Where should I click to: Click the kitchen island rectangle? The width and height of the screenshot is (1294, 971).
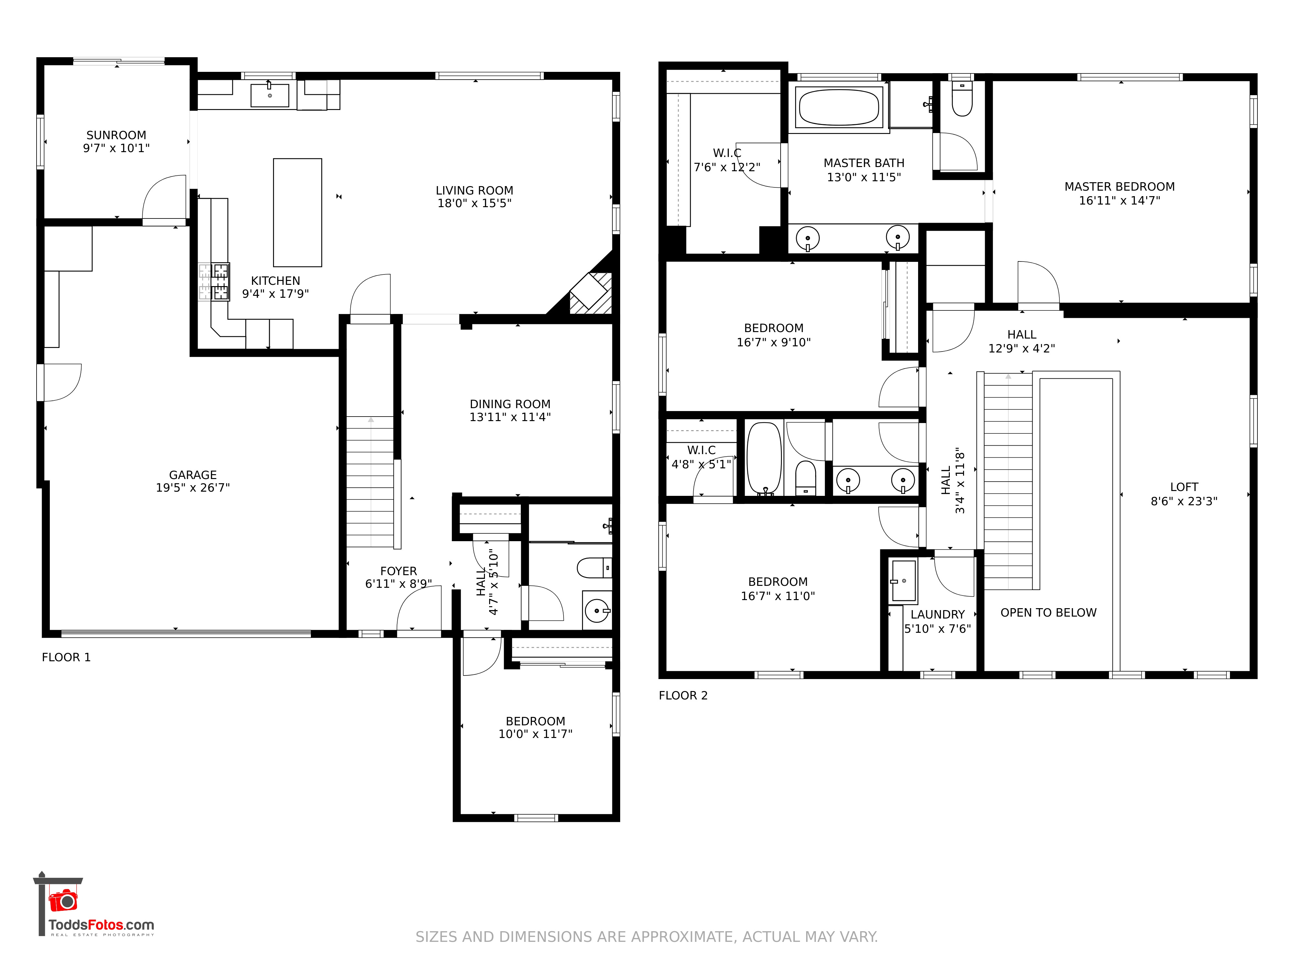pos(297,212)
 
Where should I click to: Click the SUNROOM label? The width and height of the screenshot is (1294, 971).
pos(116,135)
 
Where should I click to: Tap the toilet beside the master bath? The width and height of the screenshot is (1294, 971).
pos(962,98)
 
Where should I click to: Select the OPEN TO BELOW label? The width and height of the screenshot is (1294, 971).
pos(1048,613)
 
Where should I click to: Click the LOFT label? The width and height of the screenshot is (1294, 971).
pos(1184,487)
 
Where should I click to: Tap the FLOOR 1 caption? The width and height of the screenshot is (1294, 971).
pos(66,657)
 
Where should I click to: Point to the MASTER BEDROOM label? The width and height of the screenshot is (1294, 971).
pos(1120,187)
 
